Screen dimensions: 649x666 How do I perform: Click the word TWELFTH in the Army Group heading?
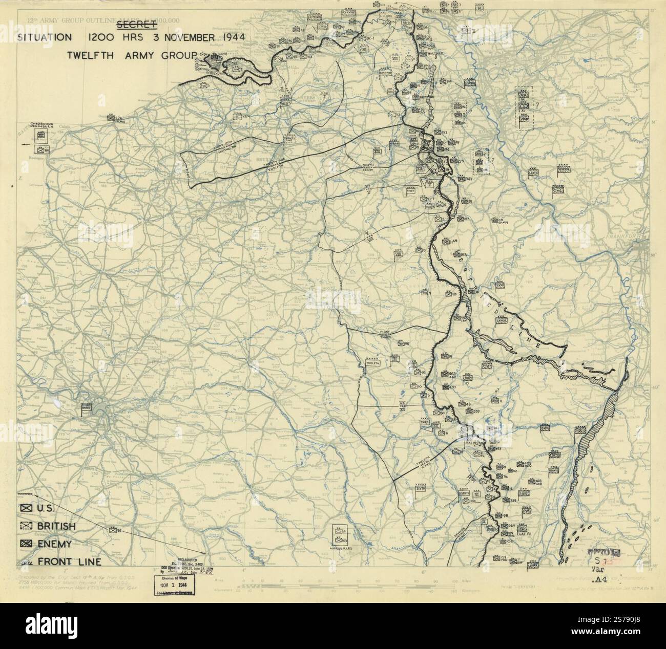(91, 55)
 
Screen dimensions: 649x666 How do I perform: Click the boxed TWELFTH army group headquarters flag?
(372, 363)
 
